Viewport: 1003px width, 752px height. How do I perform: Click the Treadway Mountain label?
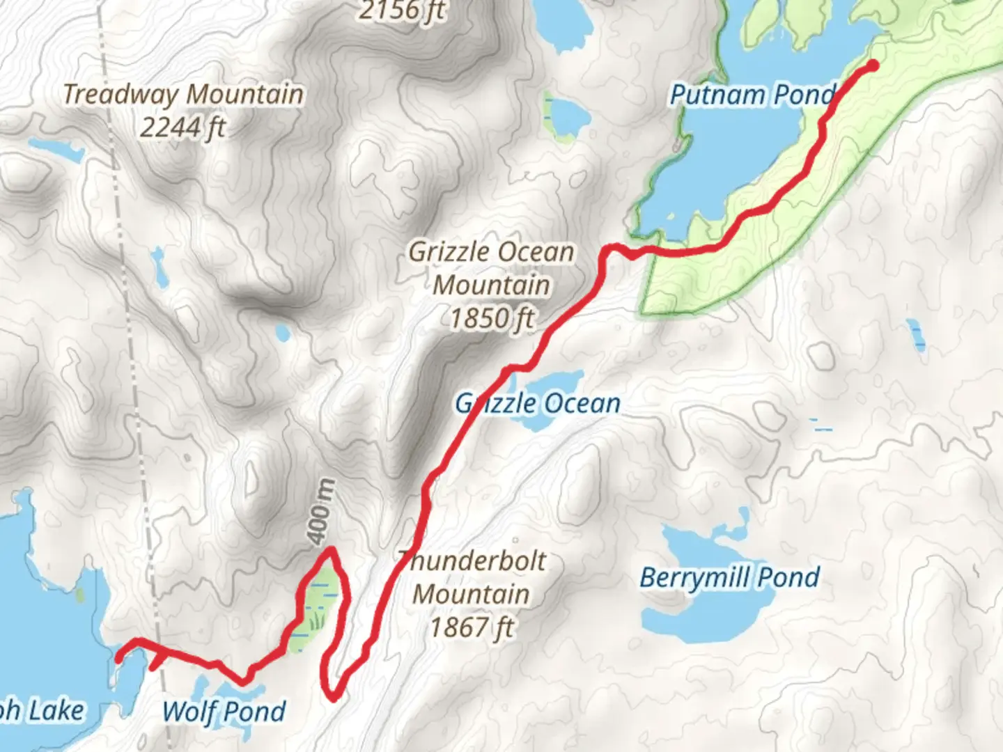[183, 94]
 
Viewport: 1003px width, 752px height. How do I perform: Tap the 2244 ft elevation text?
[183, 127]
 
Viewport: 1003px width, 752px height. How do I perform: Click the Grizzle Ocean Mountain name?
[491, 268]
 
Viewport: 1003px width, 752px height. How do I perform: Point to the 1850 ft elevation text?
[491, 318]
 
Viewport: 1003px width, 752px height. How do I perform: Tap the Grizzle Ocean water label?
[537, 403]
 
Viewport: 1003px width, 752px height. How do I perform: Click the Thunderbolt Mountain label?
[472, 577]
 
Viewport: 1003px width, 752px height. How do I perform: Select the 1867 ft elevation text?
[472, 627]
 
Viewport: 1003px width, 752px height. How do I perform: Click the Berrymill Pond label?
[729, 577]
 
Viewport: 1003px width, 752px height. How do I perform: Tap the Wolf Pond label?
[224, 712]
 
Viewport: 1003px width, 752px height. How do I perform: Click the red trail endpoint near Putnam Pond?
[872, 66]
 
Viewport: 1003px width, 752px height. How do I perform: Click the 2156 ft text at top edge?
[402, 10]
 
